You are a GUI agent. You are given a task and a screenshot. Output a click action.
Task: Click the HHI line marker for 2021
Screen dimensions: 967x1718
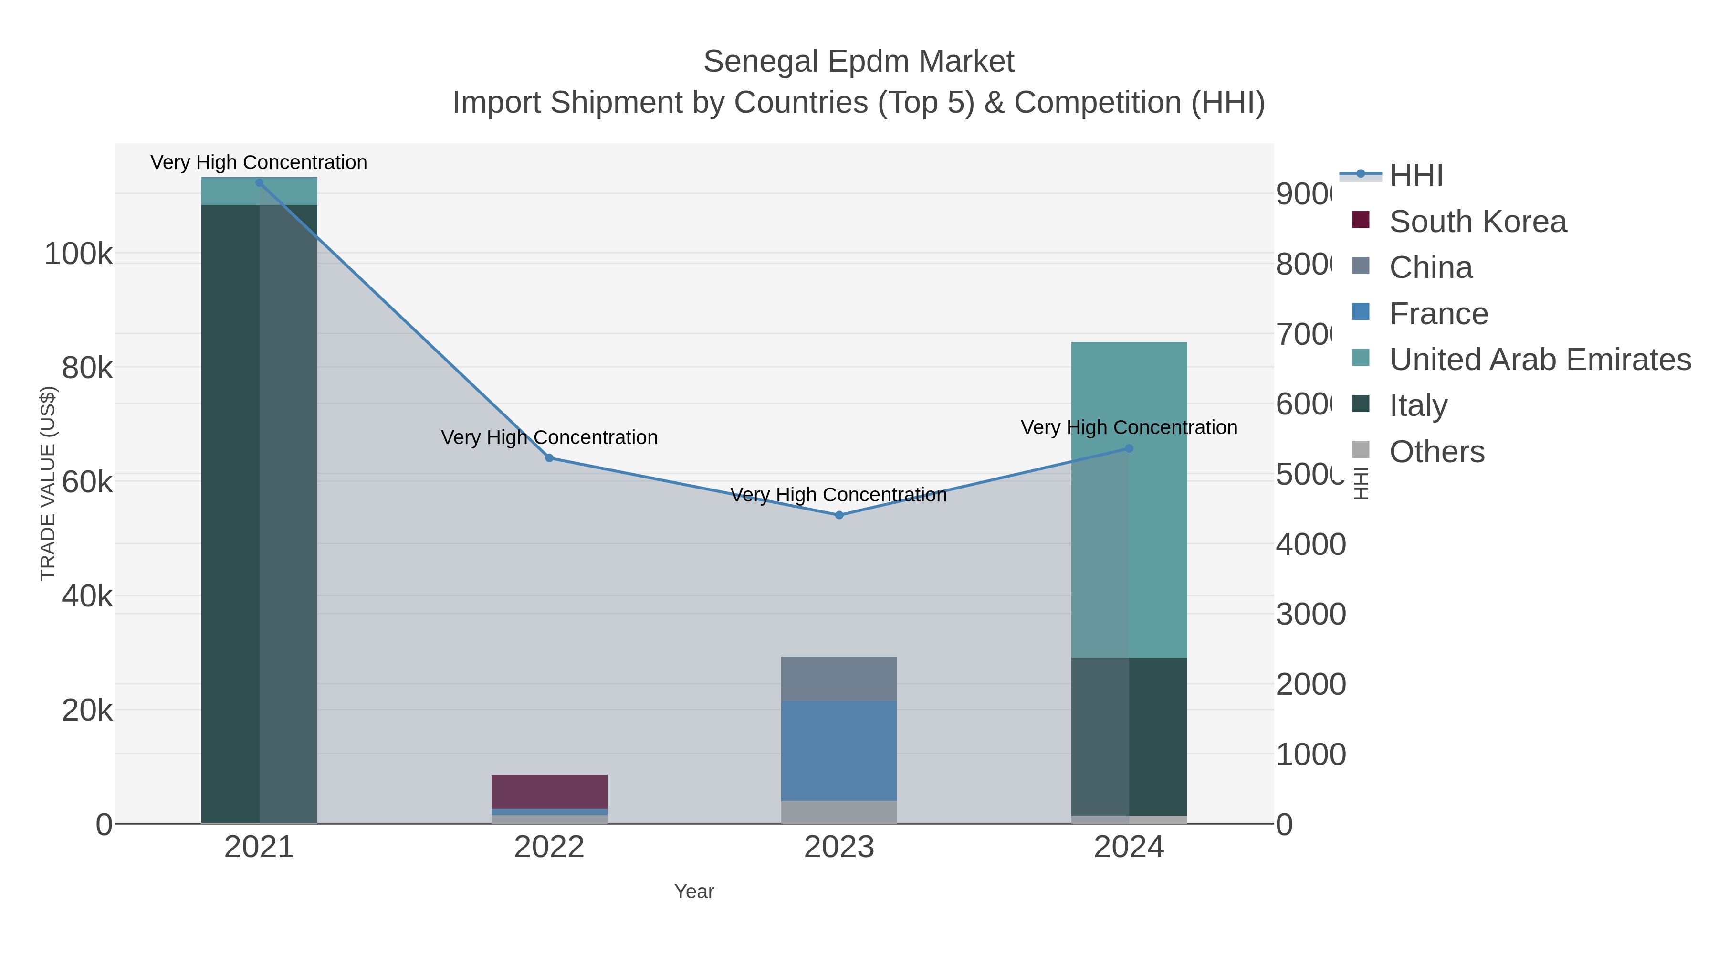point(260,183)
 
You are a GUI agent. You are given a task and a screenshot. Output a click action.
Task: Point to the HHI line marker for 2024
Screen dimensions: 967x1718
point(1129,448)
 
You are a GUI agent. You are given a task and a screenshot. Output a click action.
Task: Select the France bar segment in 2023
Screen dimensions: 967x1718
point(839,750)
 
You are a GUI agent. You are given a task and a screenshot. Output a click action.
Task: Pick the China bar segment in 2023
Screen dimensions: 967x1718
point(839,679)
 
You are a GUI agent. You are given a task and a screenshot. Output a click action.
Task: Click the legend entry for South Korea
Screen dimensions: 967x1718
point(1477,222)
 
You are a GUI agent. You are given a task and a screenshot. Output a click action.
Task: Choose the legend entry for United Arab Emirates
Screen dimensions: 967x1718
point(1539,360)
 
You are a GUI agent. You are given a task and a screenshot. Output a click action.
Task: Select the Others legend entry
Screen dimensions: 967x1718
point(1436,452)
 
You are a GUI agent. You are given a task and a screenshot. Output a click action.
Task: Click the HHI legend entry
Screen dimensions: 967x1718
point(1416,176)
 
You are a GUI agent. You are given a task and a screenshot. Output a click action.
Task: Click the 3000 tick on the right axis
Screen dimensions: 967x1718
point(1310,614)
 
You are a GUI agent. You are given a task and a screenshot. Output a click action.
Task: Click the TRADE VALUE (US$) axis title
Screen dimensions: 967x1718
point(48,483)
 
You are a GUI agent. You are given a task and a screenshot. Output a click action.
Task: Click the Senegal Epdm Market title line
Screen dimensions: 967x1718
point(859,62)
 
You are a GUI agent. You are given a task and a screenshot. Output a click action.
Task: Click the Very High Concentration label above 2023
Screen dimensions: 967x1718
point(838,495)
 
